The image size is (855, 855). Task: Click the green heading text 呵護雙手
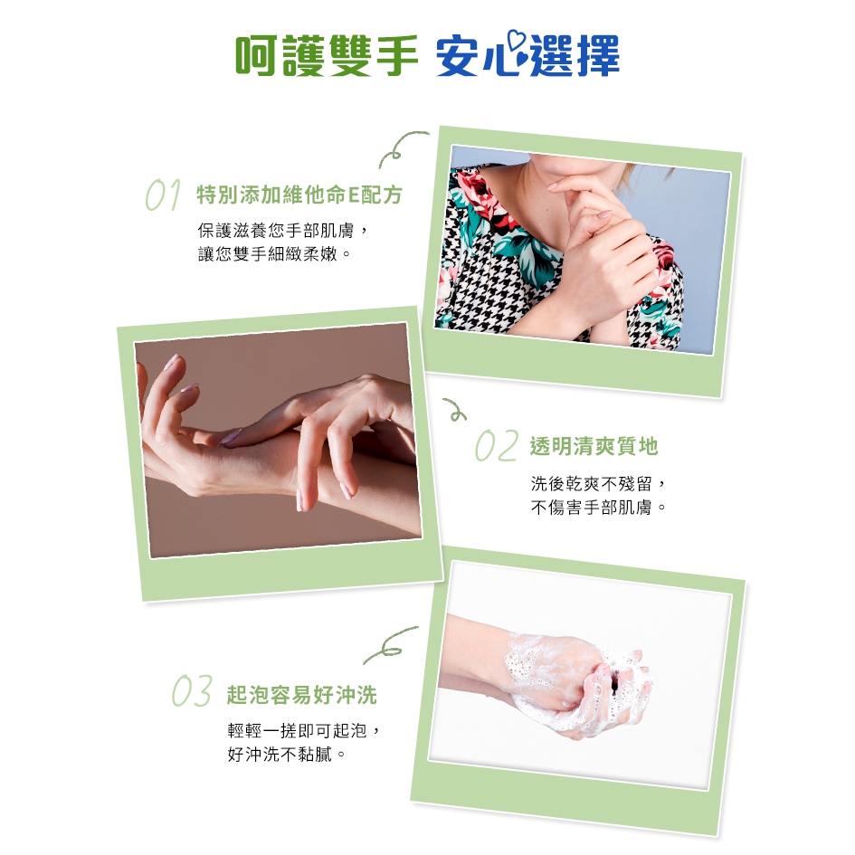coord(326,54)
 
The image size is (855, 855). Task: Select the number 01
coord(163,195)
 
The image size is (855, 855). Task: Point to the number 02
coord(496,445)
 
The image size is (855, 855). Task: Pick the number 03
coord(192,691)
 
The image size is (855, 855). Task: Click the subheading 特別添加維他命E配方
coord(299,195)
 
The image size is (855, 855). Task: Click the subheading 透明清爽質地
coord(594,446)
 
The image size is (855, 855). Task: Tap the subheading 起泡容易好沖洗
coord(301,695)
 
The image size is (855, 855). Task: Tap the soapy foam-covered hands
coord(578,684)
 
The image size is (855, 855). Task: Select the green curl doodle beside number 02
coord(455,410)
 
